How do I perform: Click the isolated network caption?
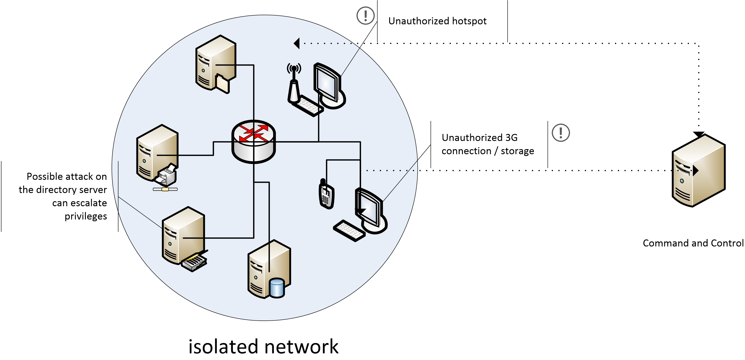click(x=263, y=346)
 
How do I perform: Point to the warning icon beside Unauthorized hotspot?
click(x=366, y=16)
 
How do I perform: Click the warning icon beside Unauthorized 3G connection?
click(x=560, y=133)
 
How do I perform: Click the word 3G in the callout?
click(x=511, y=138)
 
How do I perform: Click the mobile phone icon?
click(x=326, y=194)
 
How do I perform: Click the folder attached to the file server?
click(x=222, y=84)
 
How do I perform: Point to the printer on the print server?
click(x=167, y=175)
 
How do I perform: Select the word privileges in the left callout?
click(x=86, y=216)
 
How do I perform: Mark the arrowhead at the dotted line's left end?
click(x=297, y=43)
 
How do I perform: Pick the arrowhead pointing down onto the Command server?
click(x=698, y=134)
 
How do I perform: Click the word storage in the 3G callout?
click(x=517, y=151)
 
